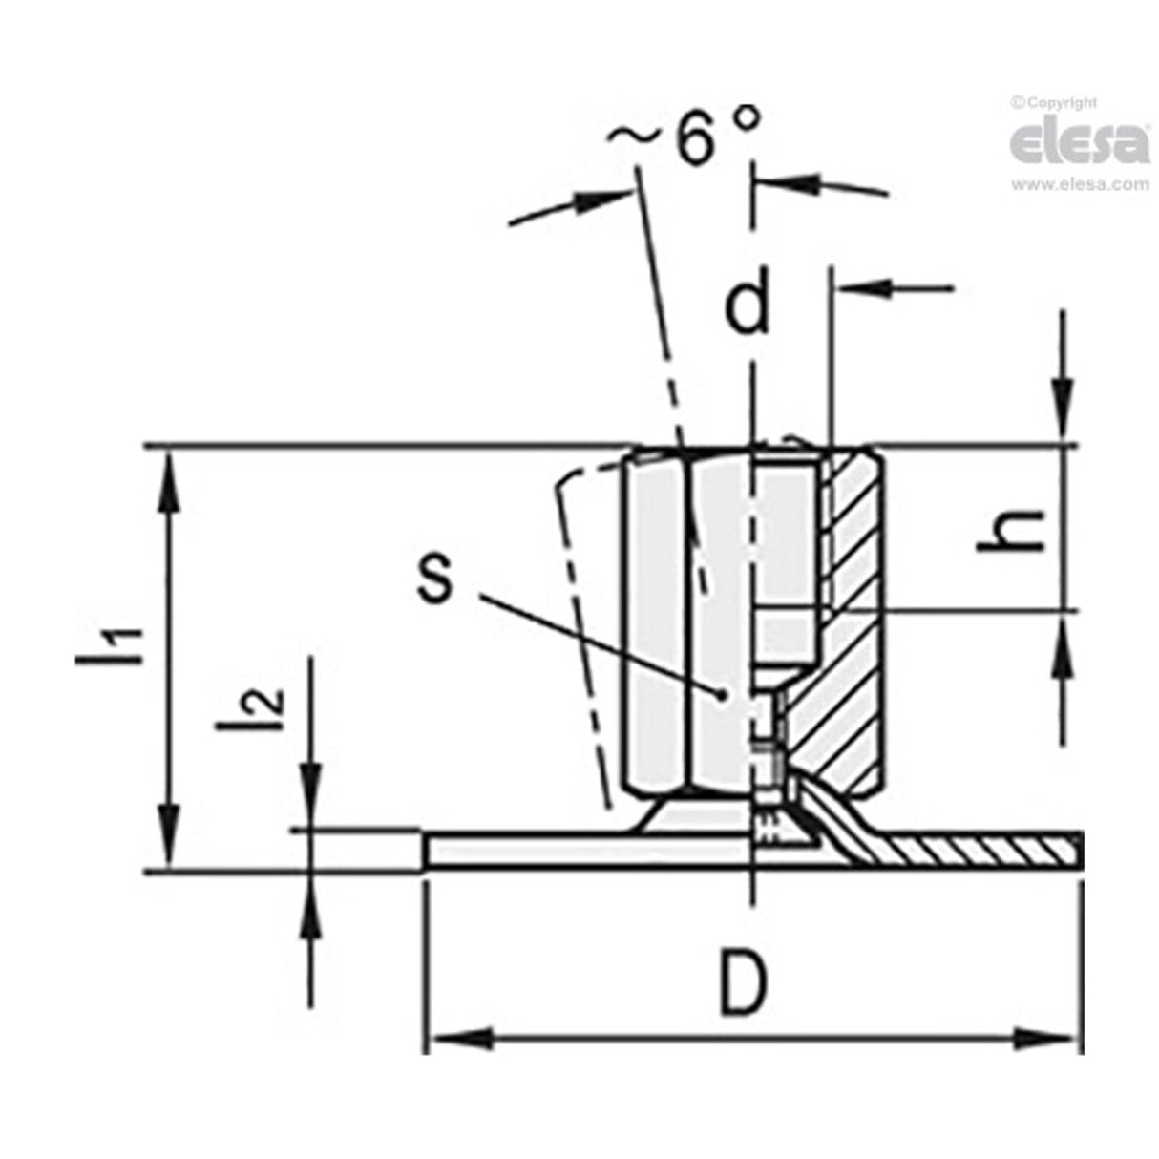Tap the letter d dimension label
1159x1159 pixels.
(748, 306)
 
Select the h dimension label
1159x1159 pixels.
(1014, 528)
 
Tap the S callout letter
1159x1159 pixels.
(435, 577)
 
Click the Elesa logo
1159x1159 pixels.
(1080, 143)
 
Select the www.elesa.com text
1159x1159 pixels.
(1080, 184)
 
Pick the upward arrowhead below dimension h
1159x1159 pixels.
(1061, 643)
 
